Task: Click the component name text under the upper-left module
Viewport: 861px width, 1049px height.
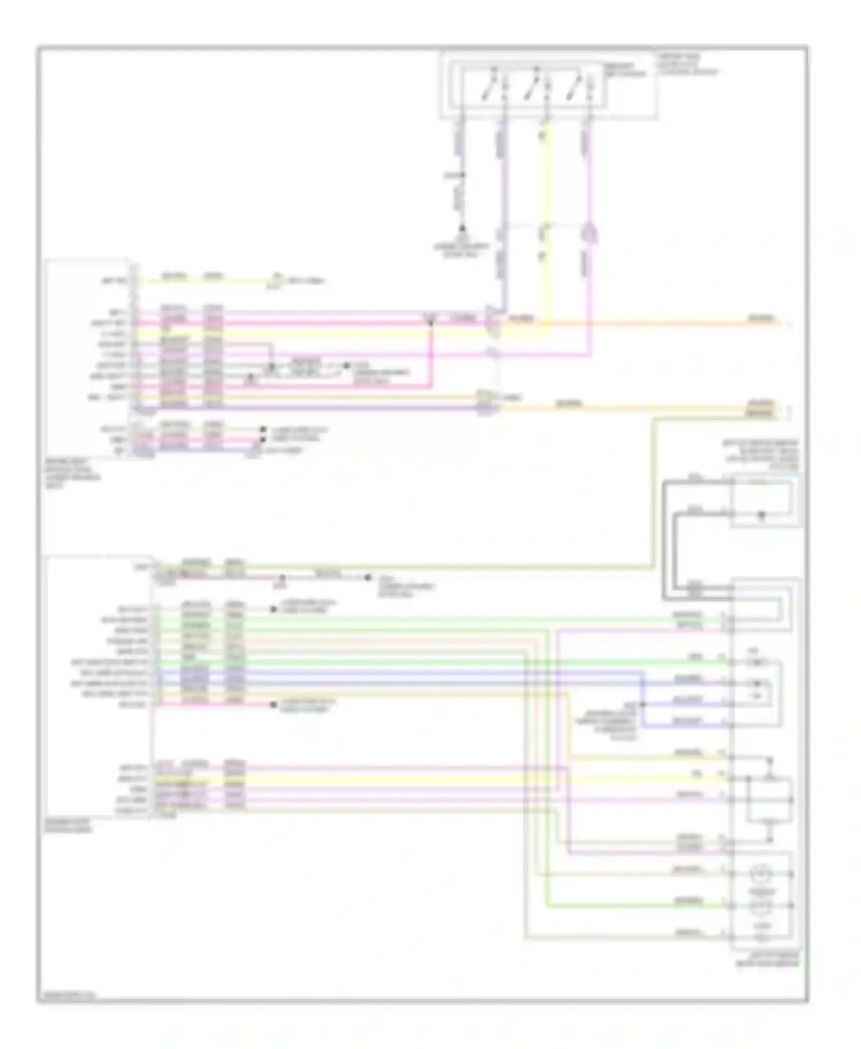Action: pos(72,473)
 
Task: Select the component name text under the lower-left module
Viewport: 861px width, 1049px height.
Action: pos(67,826)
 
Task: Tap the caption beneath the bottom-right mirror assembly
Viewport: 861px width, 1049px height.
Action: pos(767,961)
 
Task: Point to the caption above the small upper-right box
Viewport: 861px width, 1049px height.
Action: pos(761,456)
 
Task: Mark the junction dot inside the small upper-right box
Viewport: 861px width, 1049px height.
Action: pos(762,515)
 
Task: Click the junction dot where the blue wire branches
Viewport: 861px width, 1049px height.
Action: pos(643,704)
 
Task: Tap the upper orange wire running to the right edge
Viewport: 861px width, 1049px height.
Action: pos(631,324)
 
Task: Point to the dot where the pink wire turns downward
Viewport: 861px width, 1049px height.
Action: pos(430,324)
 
